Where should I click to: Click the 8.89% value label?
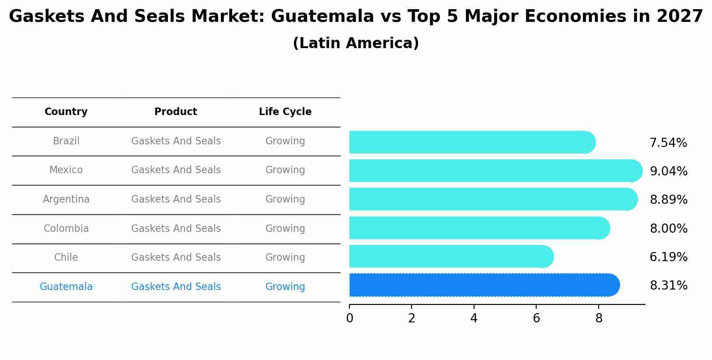click(x=668, y=200)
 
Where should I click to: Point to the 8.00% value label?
click(x=668, y=229)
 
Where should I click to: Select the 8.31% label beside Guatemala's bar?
click(x=668, y=286)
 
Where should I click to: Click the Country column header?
click(x=66, y=112)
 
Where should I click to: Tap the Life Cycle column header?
click(x=285, y=112)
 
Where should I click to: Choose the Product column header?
click(x=176, y=112)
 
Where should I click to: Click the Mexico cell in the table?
click(x=66, y=170)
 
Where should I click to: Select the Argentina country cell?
click(x=66, y=199)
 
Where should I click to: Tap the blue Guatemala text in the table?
click(x=66, y=287)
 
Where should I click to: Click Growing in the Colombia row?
click(x=285, y=229)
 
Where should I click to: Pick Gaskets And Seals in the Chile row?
click(x=176, y=258)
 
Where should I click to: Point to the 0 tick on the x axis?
click(x=349, y=318)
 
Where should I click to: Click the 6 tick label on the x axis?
click(x=536, y=318)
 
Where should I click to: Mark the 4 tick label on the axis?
click(x=474, y=318)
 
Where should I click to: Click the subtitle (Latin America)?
click(x=356, y=43)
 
